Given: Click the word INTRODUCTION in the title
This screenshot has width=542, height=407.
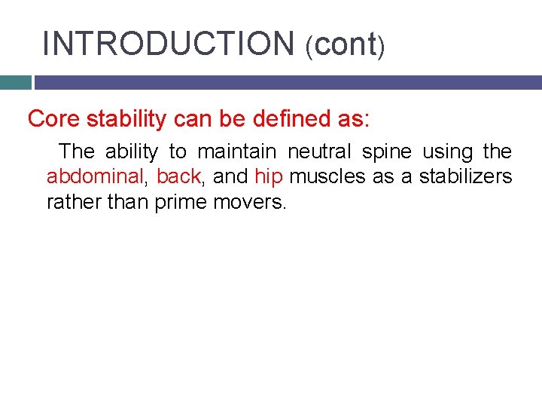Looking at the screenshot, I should (168, 44).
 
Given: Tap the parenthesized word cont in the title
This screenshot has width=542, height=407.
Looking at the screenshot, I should (346, 44).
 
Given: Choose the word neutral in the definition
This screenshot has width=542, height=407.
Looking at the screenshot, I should (318, 151).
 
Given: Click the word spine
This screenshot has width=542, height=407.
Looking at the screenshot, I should (387, 151).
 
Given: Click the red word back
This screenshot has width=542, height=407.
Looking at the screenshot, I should (178, 177).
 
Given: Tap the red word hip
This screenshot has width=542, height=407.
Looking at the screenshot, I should (268, 177).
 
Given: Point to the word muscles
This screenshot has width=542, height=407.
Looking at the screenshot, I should (324, 177).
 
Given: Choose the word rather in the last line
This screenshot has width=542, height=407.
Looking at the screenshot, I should (69, 203).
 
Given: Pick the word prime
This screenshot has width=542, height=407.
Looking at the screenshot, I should (180, 203).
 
